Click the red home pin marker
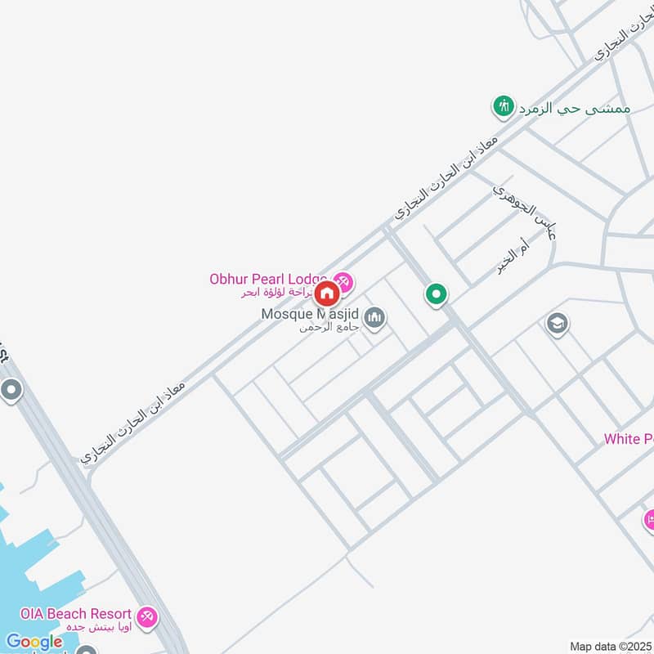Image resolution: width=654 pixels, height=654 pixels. tap(326, 293)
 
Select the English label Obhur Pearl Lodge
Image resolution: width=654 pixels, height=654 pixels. tap(268, 279)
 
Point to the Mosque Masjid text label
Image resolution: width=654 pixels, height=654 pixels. tap(311, 314)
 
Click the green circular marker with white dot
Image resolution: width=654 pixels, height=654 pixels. tap(437, 294)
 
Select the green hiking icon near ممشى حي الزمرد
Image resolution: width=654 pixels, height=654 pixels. tap(503, 106)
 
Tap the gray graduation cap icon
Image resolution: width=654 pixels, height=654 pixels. tap(558, 325)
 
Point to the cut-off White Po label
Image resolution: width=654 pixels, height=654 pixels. tap(628, 439)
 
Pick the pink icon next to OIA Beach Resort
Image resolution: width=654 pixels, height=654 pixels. tap(147, 616)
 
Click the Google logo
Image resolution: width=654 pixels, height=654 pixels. tap(34, 642)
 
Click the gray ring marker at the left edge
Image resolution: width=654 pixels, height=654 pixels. tap(11, 391)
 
